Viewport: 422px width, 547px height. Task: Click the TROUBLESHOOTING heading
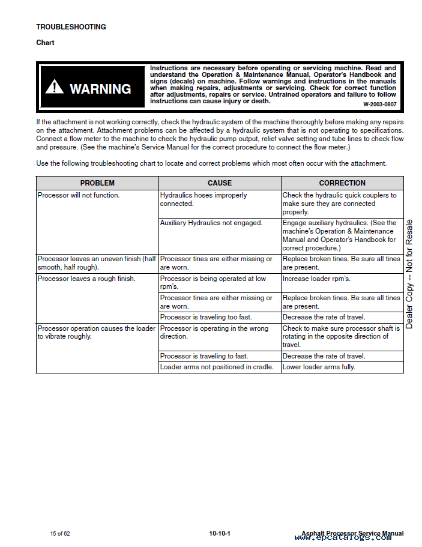71,27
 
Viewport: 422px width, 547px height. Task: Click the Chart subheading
45,43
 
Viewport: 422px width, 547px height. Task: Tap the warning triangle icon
54,88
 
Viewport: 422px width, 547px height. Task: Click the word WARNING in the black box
100,89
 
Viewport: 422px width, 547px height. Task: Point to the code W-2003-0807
379,104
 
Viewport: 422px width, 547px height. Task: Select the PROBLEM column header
97,183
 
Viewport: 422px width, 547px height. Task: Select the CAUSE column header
220,183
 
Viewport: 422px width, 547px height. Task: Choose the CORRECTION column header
342,183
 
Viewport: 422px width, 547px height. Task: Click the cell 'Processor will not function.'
79,195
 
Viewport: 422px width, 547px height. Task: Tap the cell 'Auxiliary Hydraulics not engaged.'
211,223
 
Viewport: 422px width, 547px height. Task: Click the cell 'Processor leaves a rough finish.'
86,279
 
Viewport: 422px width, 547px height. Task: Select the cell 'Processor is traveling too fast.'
206,317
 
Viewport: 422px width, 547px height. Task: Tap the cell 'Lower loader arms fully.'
319,367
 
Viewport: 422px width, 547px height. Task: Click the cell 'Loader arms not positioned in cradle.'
217,367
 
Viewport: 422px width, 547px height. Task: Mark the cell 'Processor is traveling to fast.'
204,356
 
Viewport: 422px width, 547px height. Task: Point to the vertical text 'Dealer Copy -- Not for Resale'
409,274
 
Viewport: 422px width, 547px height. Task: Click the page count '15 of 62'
60,533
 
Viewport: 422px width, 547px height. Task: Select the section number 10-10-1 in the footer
220,533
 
